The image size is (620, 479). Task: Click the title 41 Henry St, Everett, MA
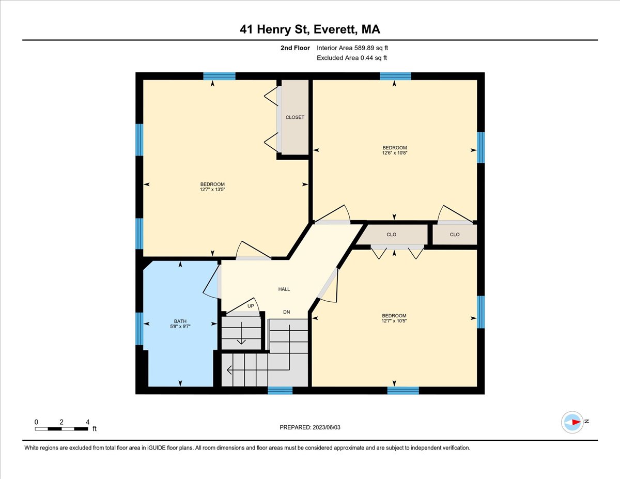(x=310, y=30)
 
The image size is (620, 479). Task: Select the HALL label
(x=284, y=289)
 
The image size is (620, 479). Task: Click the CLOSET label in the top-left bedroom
(x=295, y=117)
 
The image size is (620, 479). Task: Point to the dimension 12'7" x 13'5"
(x=212, y=190)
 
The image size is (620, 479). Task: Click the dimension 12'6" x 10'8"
(x=394, y=153)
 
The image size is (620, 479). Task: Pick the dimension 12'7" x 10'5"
(x=394, y=321)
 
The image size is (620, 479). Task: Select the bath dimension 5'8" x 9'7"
(x=180, y=327)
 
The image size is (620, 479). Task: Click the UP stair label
(x=251, y=306)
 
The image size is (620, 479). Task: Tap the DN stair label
(x=286, y=312)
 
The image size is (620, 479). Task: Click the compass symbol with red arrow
(x=573, y=422)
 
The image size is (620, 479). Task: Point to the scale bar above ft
(x=61, y=428)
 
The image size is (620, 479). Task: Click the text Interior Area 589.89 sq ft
(x=352, y=48)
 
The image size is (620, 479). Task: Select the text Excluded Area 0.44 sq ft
(x=352, y=58)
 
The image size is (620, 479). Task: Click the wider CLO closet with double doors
(x=392, y=235)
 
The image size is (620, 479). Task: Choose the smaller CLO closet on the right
(x=455, y=235)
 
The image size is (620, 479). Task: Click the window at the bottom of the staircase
(x=280, y=391)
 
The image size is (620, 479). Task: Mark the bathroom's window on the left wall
(x=139, y=329)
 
